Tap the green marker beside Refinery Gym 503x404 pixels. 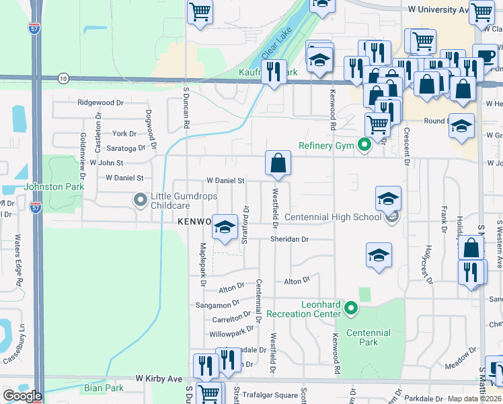click(x=364, y=145)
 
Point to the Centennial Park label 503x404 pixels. click(x=369, y=337)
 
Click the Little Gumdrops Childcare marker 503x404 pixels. click(x=140, y=200)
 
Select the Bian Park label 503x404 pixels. click(x=104, y=388)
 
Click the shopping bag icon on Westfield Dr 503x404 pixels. click(x=278, y=163)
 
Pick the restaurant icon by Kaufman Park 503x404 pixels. click(x=273, y=72)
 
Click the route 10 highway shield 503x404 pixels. click(x=63, y=79)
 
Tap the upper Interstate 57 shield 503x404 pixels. click(x=34, y=28)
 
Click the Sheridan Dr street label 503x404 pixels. click(x=289, y=239)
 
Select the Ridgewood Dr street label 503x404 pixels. click(x=101, y=103)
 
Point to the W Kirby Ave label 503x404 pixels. click(x=159, y=380)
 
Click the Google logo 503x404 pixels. click(x=22, y=396)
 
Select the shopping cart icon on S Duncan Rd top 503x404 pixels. click(x=200, y=11)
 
